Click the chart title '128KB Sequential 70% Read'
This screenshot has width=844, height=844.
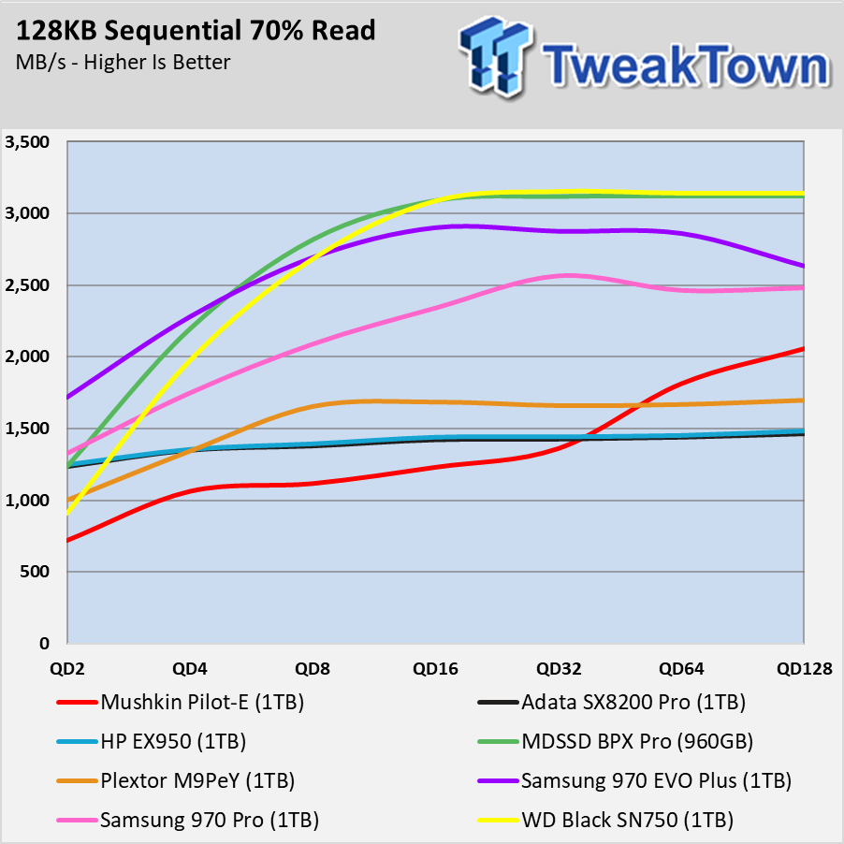[x=196, y=31]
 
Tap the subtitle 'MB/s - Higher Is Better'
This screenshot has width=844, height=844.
[x=123, y=63]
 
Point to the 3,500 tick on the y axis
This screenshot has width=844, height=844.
[x=27, y=142]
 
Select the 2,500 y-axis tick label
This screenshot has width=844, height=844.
[x=27, y=285]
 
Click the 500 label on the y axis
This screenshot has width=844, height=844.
[x=35, y=572]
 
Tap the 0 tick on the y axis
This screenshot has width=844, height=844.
[x=44, y=643]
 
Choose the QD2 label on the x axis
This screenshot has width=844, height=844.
[x=67, y=668]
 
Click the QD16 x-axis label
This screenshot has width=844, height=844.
[x=435, y=668]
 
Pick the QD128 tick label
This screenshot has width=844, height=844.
[x=804, y=668]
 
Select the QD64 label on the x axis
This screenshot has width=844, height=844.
[x=681, y=668]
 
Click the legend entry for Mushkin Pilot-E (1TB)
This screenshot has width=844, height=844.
[x=181, y=702]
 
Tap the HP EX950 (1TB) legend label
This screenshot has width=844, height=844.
[x=152, y=741]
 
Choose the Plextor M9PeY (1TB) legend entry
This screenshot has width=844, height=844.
[x=176, y=780]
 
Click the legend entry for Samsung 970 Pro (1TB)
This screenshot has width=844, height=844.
[x=188, y=820]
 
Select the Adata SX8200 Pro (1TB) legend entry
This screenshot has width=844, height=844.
[x=612, y=702]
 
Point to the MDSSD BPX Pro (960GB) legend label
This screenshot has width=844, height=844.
[x=616, y=741]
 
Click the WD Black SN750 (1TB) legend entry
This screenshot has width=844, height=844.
[x=606, y=820]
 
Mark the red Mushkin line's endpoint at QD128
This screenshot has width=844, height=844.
[x=804, y=349]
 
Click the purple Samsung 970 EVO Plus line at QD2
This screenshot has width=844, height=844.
[x=67, y=398]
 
